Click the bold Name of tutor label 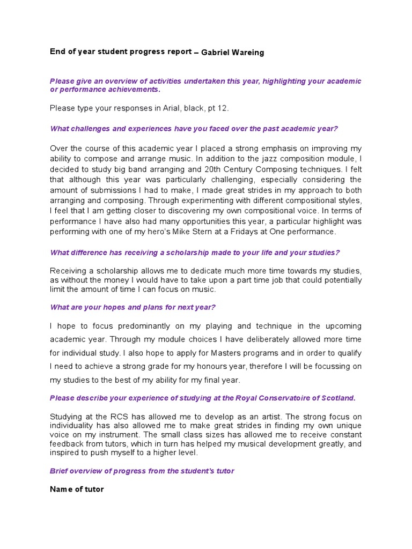coord(77,489)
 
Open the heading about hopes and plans coord(133,307)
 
